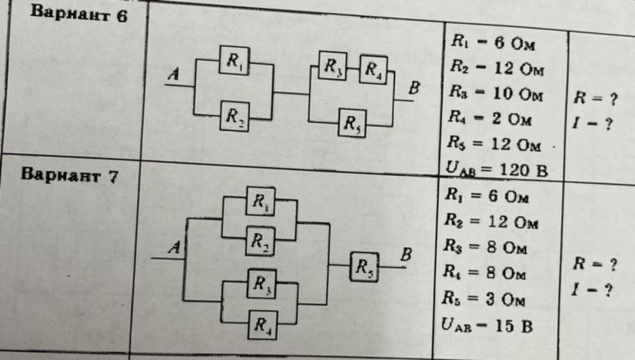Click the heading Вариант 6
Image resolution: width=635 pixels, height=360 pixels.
(79, 14)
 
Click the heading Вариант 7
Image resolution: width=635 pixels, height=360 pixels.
(69, 175)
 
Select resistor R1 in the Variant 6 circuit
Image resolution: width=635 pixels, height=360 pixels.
(234, 61)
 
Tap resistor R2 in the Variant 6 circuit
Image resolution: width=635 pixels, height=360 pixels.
(234, 116)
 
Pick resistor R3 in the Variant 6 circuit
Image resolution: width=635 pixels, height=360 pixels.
(332, 65)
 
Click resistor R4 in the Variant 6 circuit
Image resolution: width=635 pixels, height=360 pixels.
(373, 70)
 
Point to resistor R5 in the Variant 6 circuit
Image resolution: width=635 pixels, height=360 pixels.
(352, 123)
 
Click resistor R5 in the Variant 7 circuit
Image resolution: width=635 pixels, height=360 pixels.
(364, 267)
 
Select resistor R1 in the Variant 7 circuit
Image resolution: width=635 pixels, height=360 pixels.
(261, 201)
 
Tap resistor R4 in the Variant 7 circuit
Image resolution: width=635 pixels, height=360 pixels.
(262, 325)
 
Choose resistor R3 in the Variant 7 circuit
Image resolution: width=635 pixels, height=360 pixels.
(261, 284)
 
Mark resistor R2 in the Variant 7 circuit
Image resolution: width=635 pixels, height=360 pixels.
(260, 242)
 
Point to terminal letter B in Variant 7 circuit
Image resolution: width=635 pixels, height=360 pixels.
(406, 255)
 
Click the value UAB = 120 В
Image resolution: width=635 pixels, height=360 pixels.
(497, 169)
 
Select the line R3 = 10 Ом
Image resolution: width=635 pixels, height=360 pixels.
(496, 94)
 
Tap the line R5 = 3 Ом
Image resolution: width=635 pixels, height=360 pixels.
(484, 298)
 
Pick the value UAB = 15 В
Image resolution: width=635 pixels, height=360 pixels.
(487, 325)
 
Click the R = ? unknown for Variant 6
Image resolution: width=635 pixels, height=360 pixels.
(595, 98)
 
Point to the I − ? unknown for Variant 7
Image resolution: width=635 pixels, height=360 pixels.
(592, 290)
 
